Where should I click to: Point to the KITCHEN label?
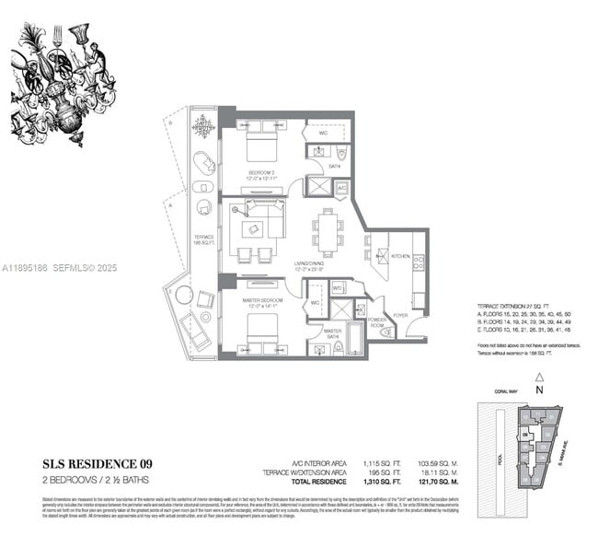(400, 256)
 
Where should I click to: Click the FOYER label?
(400, 314)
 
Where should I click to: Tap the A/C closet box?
(341, 188)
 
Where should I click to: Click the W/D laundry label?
(338, 287)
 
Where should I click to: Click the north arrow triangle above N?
(540, 377)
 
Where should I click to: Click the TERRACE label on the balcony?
(204, 237)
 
